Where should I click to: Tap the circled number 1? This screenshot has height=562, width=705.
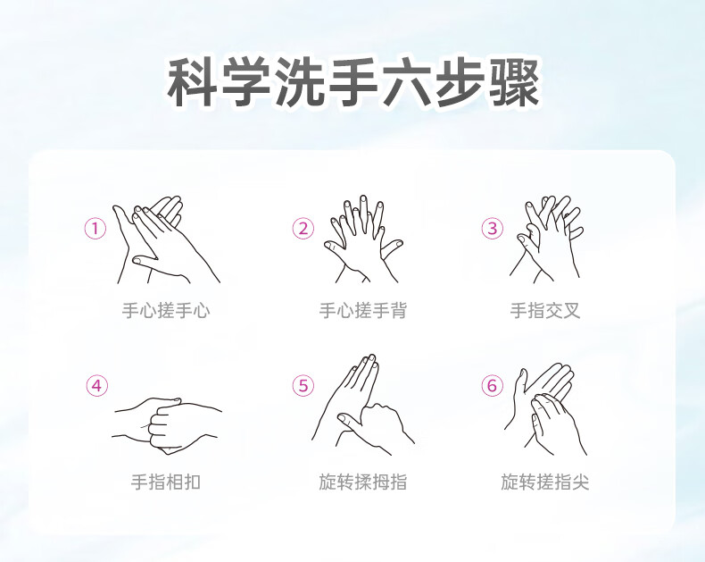tap(95, 229)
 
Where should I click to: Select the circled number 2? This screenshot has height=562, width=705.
tap(303, 229)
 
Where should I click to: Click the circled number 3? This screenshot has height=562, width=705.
tap(493, 229)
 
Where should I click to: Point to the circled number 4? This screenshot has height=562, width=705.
tap(96, 386)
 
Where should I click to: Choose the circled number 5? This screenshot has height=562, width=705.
tap(303, 386)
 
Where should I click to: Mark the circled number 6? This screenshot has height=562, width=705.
tap(493, 386)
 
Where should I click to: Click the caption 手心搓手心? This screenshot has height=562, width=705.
tap(166, 311)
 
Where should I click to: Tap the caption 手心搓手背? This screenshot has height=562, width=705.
tap(363, 311)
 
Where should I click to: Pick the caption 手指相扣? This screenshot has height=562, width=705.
tap(166, 482)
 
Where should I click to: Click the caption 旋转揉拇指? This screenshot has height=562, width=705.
tap(363, 482)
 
